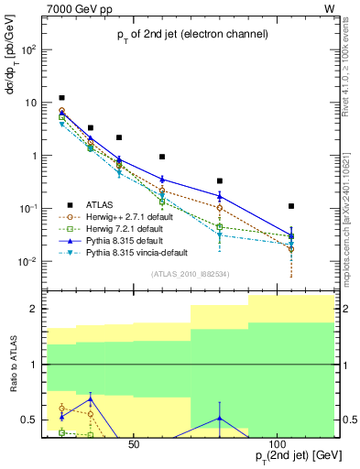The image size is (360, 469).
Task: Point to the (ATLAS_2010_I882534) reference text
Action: (x=190, y=274)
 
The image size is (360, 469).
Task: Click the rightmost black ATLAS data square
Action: (x=291, y=206)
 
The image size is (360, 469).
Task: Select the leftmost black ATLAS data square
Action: (x=61, y=97)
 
